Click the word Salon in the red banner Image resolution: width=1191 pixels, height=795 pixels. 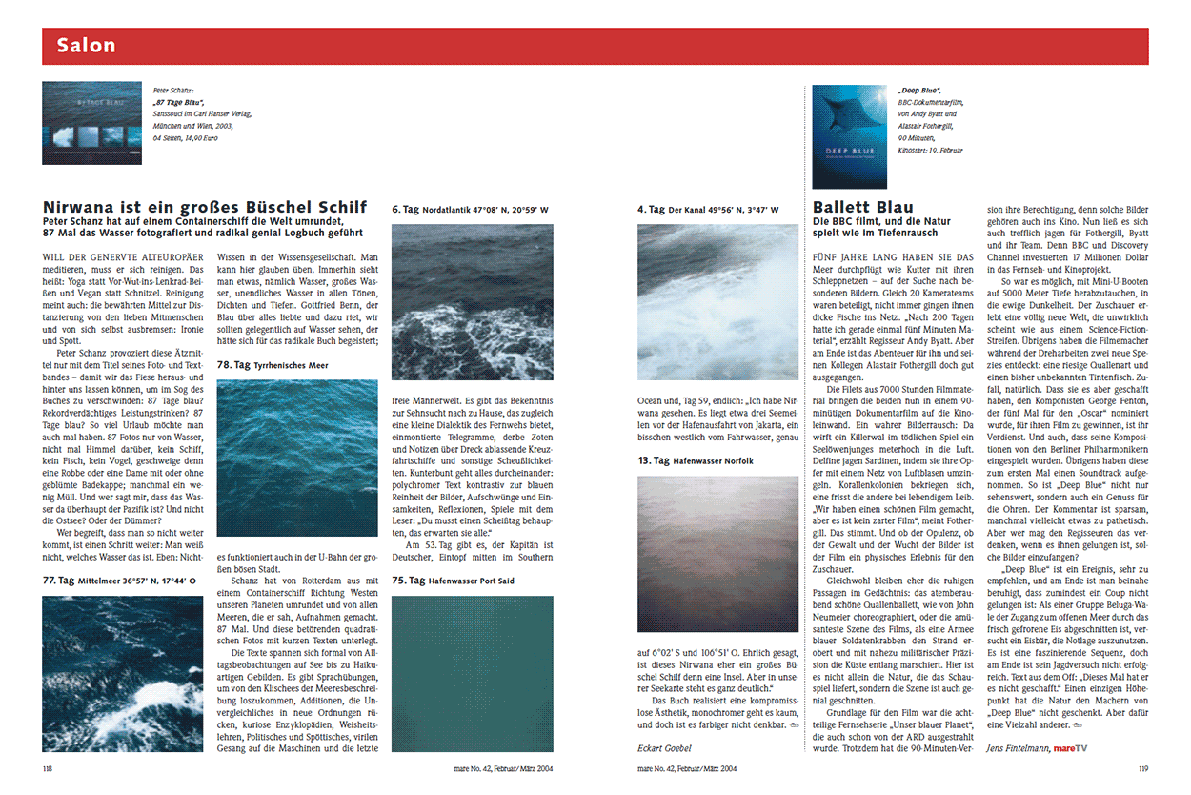pyautogui.click(x=86, y=45)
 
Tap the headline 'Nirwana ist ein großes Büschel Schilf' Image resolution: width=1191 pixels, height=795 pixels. pyautogui.click(x=205, y=206)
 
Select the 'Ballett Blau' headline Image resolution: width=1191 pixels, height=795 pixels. pyautogui.click(x=862, y=207)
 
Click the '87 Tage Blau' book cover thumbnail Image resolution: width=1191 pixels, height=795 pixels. pyautogui.click(x=91, y=123)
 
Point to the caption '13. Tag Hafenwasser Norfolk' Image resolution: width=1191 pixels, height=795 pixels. pyautogui.click(x=695, y=460)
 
